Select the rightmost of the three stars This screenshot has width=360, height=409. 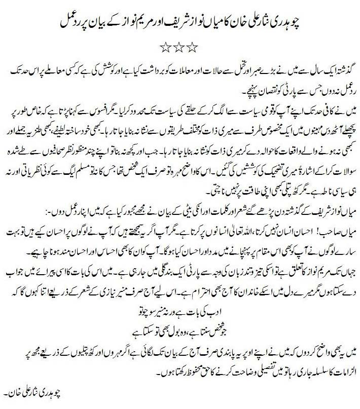click(192, 48)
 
